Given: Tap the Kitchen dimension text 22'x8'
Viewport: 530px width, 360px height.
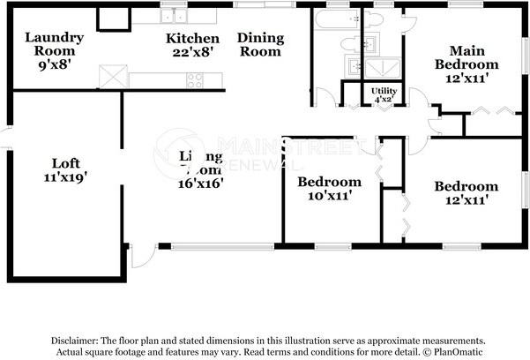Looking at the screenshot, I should pos(192,52).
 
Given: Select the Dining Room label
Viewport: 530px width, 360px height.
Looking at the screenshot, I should pos(260,44).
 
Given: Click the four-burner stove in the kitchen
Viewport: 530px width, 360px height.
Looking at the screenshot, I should pos(195,80).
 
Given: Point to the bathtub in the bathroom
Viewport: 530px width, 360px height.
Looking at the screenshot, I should pos(336,19).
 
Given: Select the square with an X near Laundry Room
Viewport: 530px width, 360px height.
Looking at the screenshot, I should pos(113,77).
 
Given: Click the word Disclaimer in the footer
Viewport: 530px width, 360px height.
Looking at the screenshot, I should pos(78,340).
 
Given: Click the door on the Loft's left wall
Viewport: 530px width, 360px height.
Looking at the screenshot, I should pos(5,137).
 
